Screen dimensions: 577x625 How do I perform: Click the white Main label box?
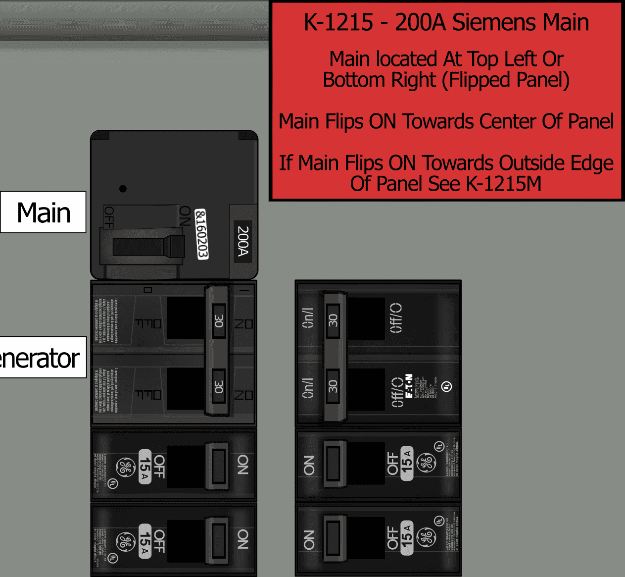pos(44,212)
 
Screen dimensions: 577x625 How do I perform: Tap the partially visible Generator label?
pos(42,358)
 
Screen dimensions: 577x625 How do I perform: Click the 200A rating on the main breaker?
pos(242,241)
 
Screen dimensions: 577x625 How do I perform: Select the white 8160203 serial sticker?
pos(201,234)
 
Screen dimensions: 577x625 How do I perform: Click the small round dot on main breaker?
pos(123,189)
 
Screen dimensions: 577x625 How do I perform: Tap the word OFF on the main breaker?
pos(109,217)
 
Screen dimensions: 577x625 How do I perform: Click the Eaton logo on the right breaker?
pos(409,386)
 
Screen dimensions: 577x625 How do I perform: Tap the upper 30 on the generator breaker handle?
pos(219,321)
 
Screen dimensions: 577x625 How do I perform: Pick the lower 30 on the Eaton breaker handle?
pos(333,386)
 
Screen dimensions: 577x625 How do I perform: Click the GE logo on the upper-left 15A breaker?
pos(125,467)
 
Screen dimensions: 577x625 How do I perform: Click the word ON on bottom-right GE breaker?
pos(309,540)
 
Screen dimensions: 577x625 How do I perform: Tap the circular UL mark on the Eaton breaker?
pos(447,386)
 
